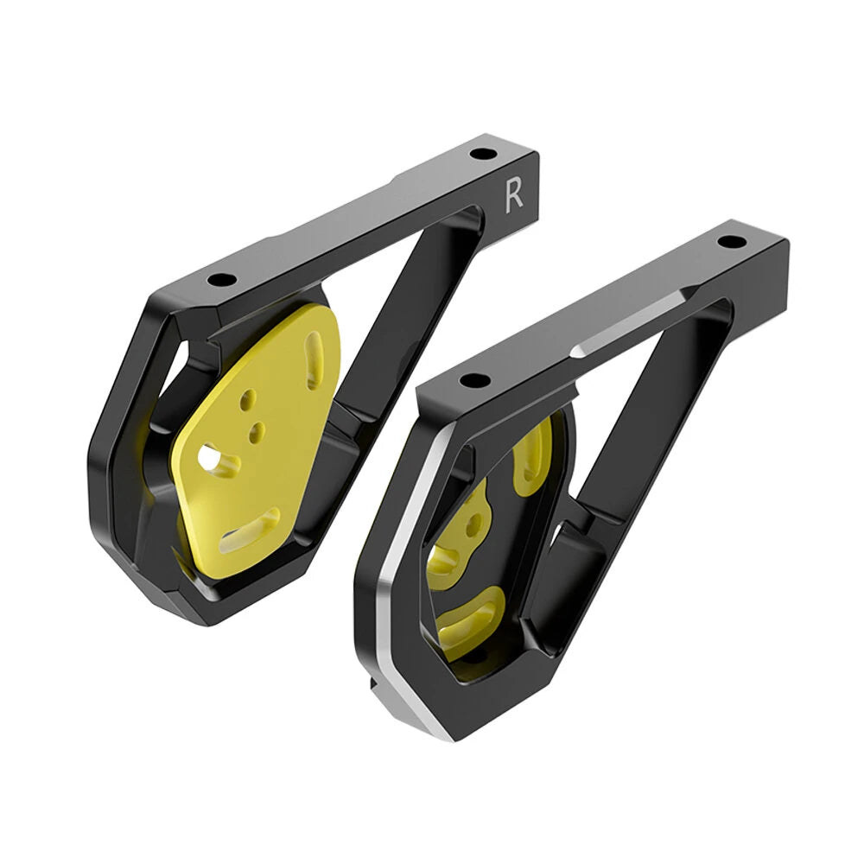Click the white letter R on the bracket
pos(513,195)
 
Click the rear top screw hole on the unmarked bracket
pos(730,241)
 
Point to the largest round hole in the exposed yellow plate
pos(209,459)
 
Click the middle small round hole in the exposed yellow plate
pos(256,428)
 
